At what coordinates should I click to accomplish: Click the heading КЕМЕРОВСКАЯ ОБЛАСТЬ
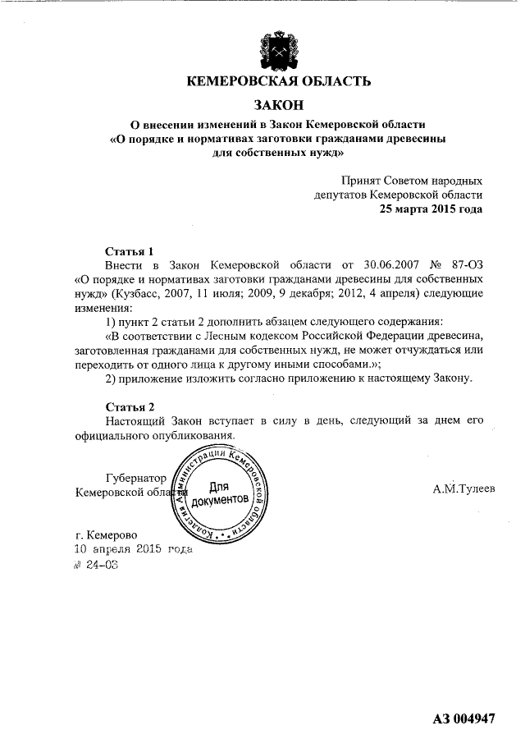[x=279, y=81]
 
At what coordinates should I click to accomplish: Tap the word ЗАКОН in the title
[x=279, y=105]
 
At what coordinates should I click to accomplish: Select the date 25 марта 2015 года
[x=431, y=209]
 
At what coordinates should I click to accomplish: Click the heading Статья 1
[x=130, y=251]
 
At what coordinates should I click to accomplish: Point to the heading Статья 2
[x=130, y=407]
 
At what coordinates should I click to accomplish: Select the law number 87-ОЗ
[x=466, y=265]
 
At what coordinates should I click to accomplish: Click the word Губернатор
[x=136, y=478]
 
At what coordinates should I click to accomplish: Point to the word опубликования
[x=195, y=435]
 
